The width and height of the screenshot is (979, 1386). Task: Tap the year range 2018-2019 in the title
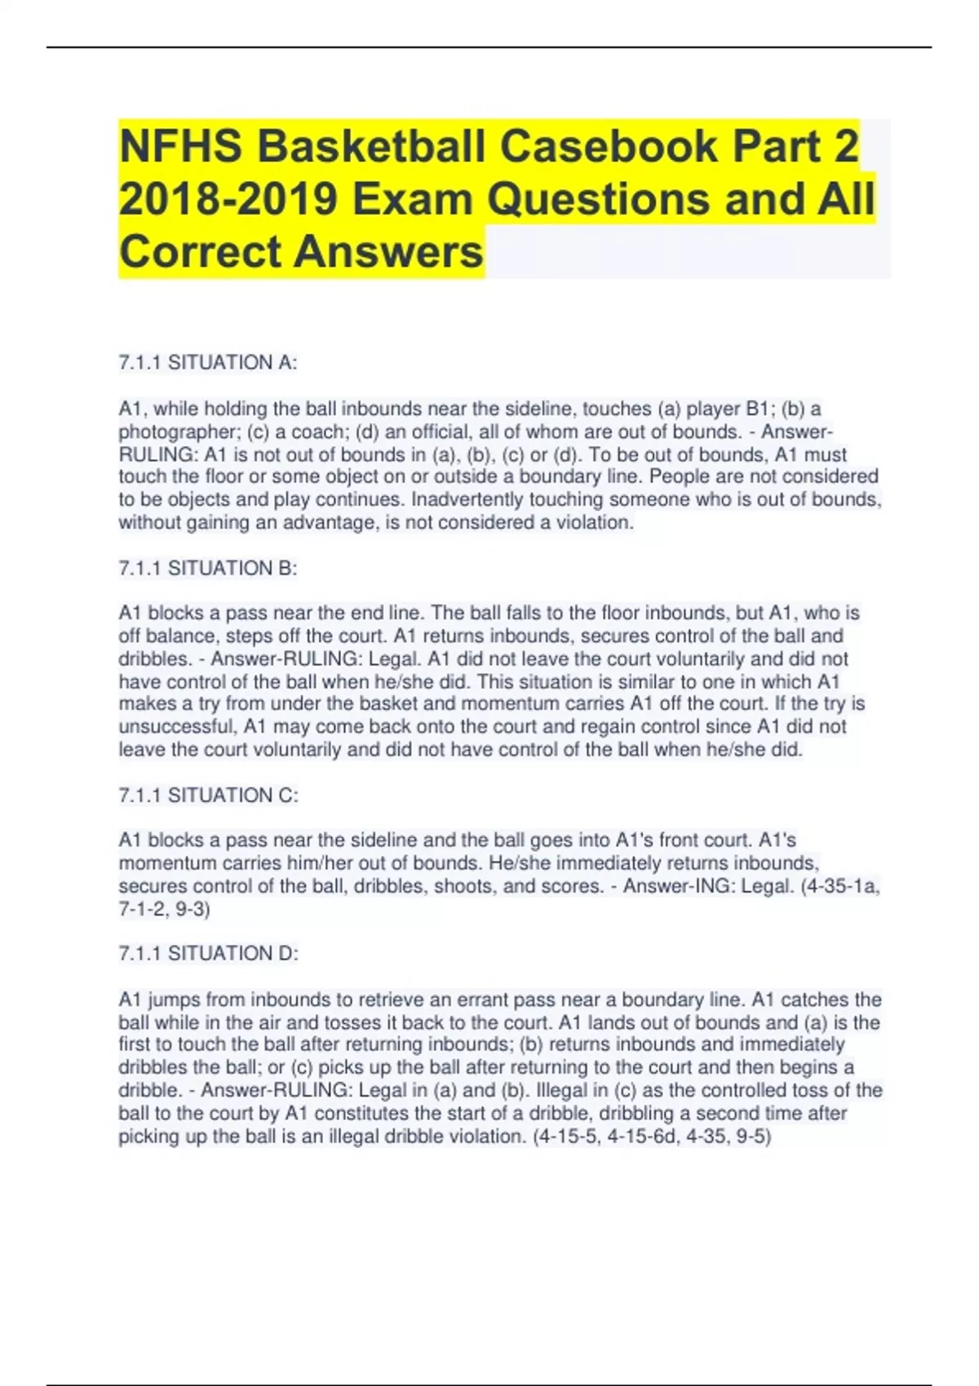coord(228,199)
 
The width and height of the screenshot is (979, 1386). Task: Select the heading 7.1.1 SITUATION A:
coord(208,363)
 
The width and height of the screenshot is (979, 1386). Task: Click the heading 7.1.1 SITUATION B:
coord(208,568)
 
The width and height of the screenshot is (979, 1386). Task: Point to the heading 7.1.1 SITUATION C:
coord(209,795)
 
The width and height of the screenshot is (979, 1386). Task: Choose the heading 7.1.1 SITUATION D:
coord(209,953)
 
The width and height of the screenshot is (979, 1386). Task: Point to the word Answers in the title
coord(388,251)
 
